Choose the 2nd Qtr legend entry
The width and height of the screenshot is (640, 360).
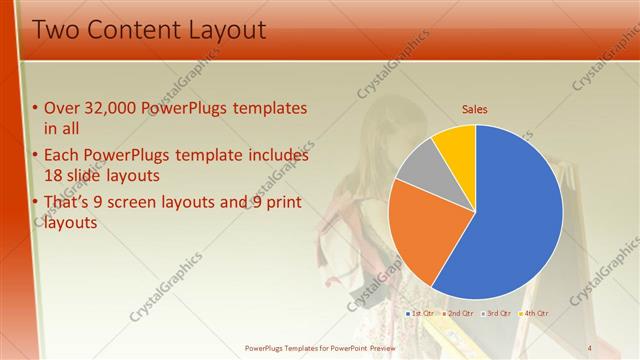point(459,313)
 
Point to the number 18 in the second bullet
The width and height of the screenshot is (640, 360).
point(54,174)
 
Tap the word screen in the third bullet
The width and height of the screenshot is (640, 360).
point(164,203)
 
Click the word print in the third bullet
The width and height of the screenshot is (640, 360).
point(283,203)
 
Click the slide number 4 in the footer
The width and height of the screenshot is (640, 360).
point(591,347)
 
